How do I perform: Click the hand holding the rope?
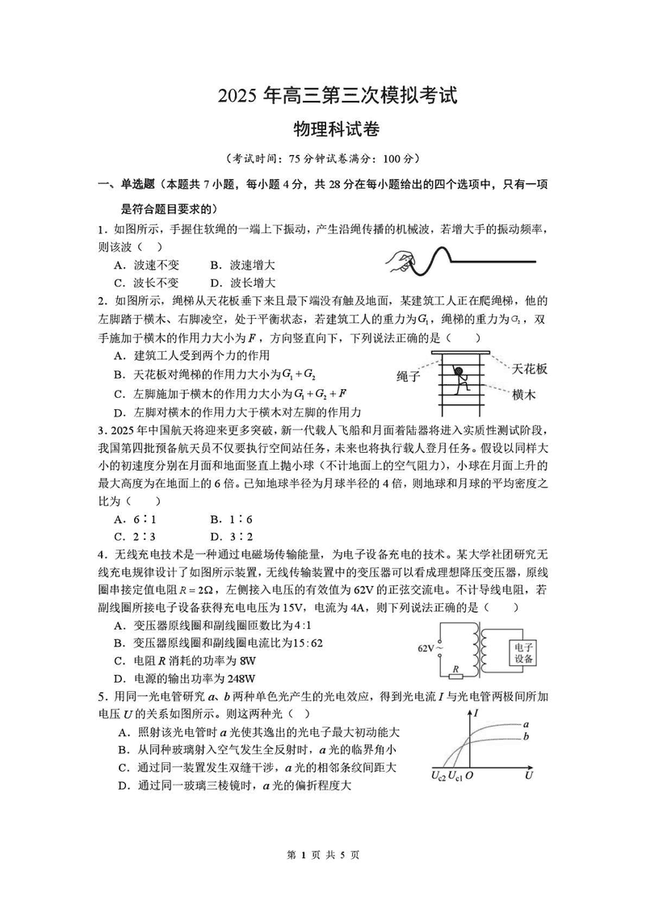(x=400, y=260)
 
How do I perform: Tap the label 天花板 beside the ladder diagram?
(x=530, y=368)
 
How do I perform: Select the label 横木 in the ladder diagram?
(x=524, y=394)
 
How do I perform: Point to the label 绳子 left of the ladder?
(x=409, y=376)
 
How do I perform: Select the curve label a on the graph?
(x=526, y=724)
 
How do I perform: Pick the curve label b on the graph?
(x=526, y=736)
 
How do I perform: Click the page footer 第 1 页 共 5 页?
(x=323, y=877)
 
